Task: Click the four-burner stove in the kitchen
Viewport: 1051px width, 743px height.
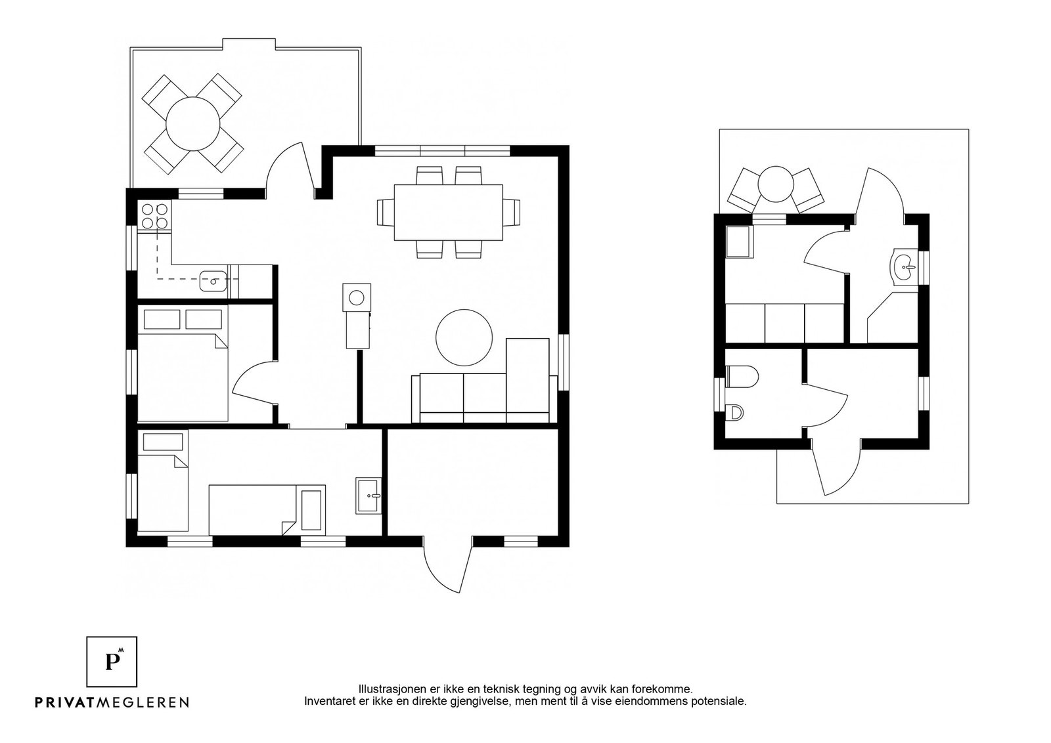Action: point(154,216)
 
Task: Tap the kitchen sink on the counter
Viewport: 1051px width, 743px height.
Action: point(213,282)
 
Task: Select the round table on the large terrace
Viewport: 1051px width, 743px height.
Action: point(193,124)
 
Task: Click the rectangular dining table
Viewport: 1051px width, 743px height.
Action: point(449,213)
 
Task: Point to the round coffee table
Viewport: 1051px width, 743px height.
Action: point(464,337)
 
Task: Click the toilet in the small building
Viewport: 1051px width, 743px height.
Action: point(742,377)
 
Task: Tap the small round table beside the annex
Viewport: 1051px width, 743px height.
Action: point(776,184)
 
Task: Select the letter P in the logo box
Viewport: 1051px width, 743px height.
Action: point(111,662)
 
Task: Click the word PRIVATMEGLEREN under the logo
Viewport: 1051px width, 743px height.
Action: point(112,702)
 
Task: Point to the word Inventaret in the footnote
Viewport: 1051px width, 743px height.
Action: point(325,702)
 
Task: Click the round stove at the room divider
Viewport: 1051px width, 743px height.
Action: point(357,297)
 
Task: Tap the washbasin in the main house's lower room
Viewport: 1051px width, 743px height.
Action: point(369,496)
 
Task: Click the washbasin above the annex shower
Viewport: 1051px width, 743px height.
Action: point(905,266)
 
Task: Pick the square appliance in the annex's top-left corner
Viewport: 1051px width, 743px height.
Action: point(739,242)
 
